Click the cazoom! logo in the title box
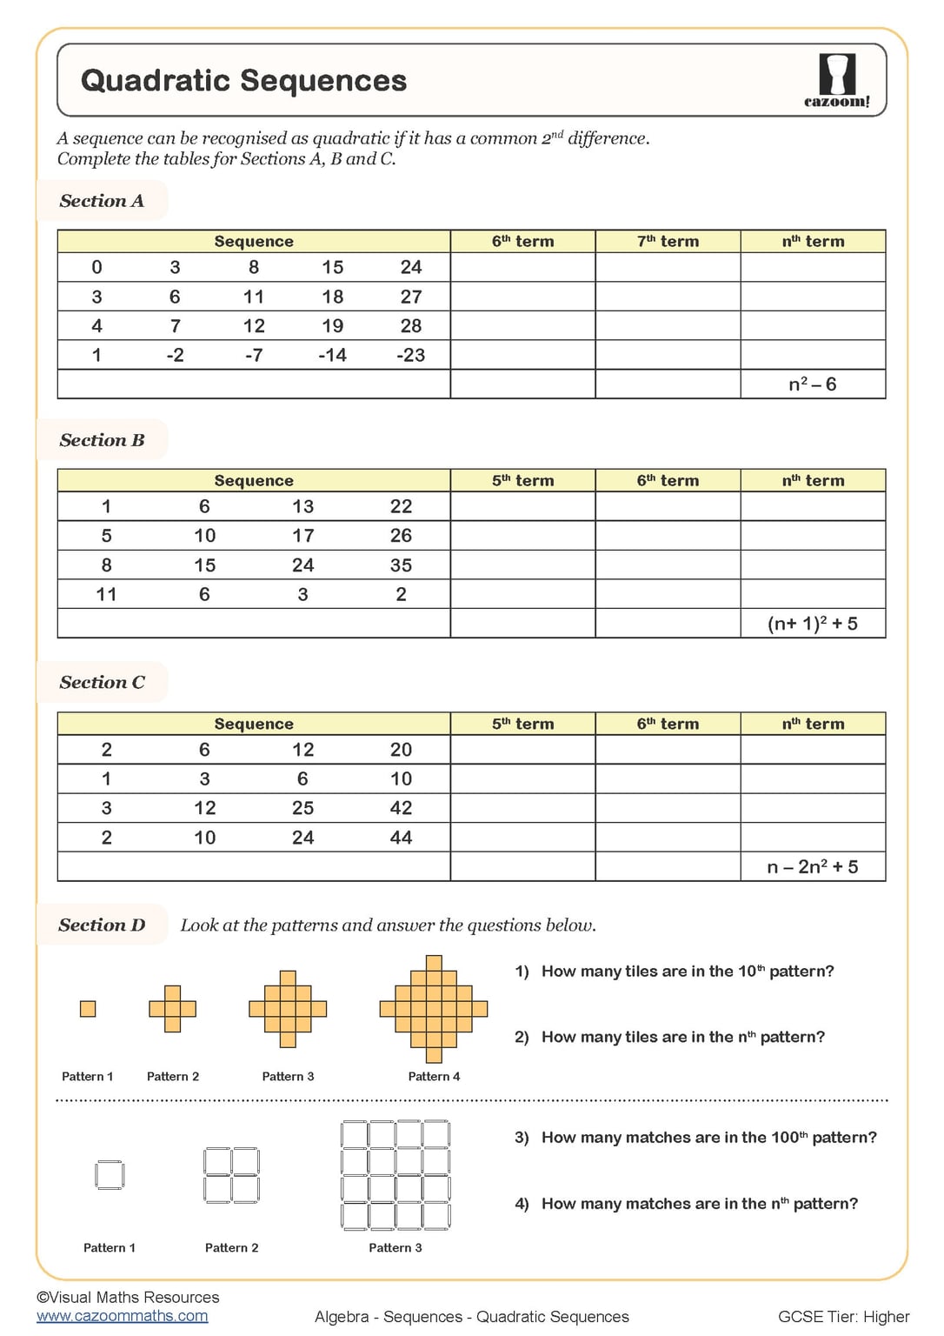point(836,81)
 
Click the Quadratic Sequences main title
point(243,81)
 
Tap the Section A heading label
point(102,201)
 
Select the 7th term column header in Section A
point(668,242)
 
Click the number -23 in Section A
point(410,355)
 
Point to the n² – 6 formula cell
point(812,384)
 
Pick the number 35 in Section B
point(401,565)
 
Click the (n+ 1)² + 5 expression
point(812,624)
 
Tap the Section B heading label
point(102,440)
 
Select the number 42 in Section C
point(401,808)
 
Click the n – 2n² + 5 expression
point(812,867)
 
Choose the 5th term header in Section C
point(522,724)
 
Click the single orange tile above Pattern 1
point(88,1009)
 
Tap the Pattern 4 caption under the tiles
point(434,1077)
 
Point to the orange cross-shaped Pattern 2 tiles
point(173,1009)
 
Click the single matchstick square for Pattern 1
point(110,1175)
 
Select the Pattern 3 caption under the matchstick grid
point(396,1248)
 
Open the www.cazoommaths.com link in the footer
point(123,1316)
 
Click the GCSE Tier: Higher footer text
point(843,1317)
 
